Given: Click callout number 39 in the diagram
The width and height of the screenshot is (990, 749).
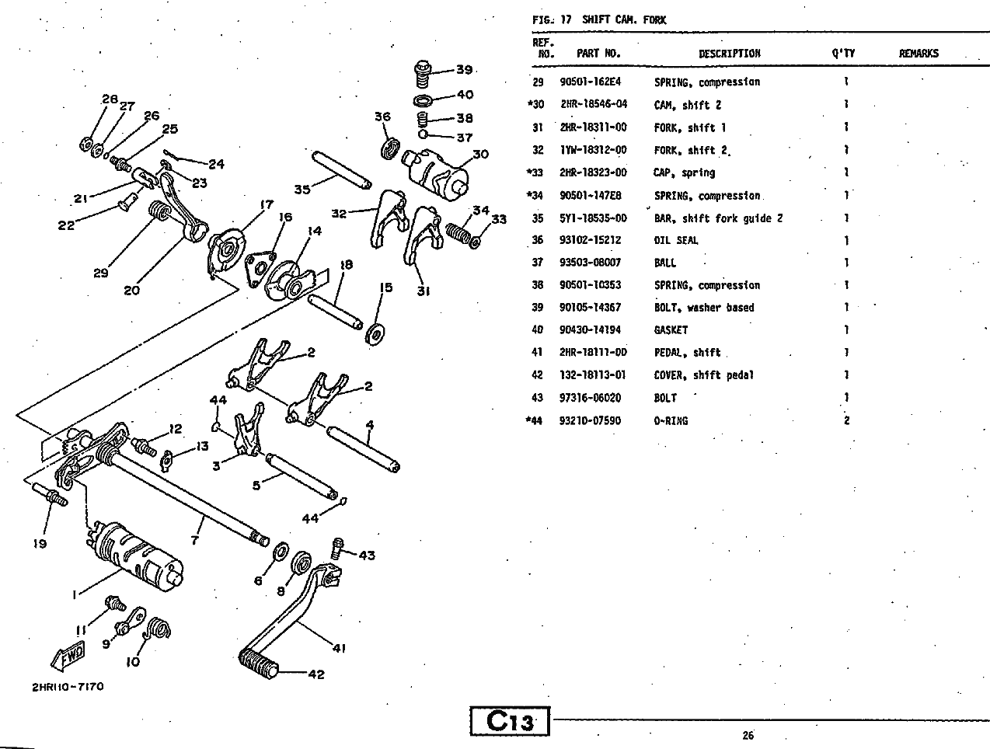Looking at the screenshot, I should coord(464,70).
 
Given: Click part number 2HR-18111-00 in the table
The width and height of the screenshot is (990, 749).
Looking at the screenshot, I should coord(593,353).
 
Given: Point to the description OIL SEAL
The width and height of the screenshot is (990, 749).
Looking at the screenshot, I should coord(676,241).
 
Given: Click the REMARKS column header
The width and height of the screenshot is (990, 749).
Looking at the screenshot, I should coord(919,54).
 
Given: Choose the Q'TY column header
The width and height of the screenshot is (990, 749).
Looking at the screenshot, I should coord(842,54).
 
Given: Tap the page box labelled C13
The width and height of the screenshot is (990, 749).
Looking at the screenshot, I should coord(510,722).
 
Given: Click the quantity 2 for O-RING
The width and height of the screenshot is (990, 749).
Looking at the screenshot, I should coord(846,421).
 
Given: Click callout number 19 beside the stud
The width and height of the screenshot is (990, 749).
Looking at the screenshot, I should coord(40,544).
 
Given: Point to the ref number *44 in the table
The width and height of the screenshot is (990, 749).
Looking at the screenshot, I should coord(535,421).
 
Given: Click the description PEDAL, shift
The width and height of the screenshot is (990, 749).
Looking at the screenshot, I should coord(687,353).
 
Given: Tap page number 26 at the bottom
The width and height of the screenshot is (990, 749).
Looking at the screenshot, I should coord(748,735).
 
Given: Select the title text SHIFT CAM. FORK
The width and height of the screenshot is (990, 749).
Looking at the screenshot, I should coord(624,20).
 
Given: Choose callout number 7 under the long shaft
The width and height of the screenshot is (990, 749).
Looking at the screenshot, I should coord(195,539).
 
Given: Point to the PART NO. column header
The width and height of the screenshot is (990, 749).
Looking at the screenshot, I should coord(598,54).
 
